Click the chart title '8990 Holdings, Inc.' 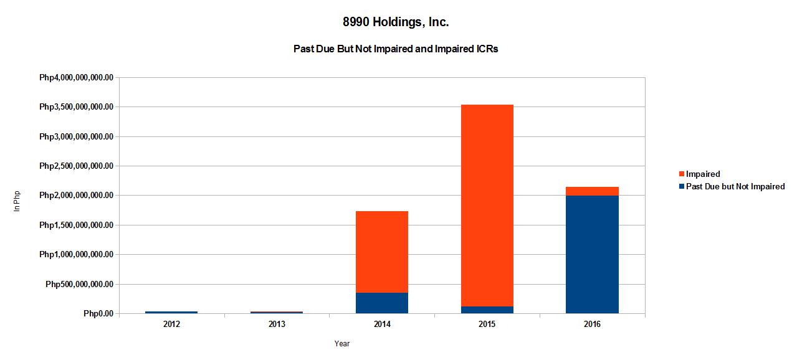tap(396, 22)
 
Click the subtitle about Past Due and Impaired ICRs tap(396, 49)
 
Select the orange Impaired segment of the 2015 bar tap(487, 206)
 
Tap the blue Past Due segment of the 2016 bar tap(592, 254)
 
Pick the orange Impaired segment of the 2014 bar tap(381, 252)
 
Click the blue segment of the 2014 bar tap(381, 303)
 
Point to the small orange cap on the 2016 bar tap(592, 191)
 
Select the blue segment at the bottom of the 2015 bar tap(487, 310)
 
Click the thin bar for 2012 tap(171, 312)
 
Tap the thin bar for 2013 tap(277, 312)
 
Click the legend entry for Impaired tap(702, 174)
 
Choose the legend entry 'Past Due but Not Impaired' tap(735, 186)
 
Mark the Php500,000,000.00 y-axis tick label tap(80, 285)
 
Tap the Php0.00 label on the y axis tap(98, 314)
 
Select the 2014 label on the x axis tap(381, 324)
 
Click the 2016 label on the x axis tap(592, 324)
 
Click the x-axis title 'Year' tap(341, 343)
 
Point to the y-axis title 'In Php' tap(17, 201)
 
